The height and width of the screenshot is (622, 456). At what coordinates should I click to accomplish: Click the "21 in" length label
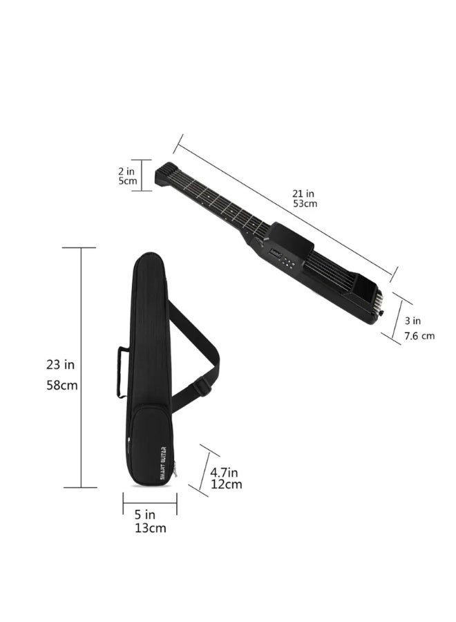point(303,194)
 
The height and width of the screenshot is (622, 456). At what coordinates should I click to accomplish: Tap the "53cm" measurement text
point(305,203)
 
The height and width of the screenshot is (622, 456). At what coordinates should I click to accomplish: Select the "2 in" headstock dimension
point(126,171)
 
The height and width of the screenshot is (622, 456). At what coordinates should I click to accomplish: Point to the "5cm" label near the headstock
point(128,181)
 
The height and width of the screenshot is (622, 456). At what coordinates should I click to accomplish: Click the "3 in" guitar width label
point(412,321)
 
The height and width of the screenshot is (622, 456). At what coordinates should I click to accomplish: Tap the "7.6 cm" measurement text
point(419,336)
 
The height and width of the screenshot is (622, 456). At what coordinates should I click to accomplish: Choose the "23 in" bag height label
point(60,364)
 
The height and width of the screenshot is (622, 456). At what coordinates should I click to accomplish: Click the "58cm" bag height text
point(62,385)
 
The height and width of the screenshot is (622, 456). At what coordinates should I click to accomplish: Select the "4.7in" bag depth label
point(224,473)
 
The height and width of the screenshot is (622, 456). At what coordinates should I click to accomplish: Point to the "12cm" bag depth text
point(226,484)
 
